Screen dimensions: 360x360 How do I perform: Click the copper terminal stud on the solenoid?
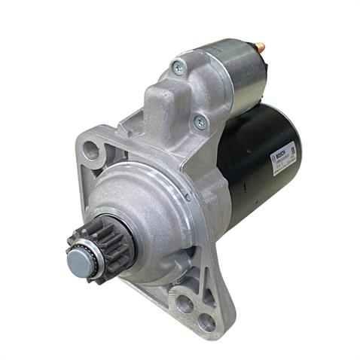coord(260,48)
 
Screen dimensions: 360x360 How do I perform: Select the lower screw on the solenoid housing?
coord(199,121)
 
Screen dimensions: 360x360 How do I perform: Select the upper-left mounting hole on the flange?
coord(91,151)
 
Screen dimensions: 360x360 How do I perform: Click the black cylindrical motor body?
coord(256,158)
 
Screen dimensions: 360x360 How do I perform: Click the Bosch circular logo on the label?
coord(274,157)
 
